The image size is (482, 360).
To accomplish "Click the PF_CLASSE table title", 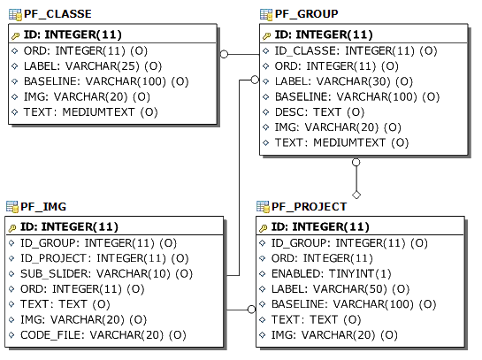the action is (x=57, y=14).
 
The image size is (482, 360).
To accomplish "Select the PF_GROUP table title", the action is (x=307, y=14).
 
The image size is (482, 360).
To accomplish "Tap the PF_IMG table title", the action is (x=43, y=207).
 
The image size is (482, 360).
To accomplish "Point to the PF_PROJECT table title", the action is (x=310, y=207).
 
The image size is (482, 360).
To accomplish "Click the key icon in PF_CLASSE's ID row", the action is (x=16, y=36).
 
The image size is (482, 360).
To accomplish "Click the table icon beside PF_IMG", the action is (x=12, y=207).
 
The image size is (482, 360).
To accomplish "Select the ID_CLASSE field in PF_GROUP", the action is (x=356, y=50).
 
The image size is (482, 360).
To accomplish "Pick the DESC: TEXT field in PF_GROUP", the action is (x=319, y=112).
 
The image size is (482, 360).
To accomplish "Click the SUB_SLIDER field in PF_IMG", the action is (x=106, y=273).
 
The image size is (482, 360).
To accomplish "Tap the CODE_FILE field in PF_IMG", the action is (x=103, y=334).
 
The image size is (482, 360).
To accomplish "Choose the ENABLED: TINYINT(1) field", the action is (x=331, y=273).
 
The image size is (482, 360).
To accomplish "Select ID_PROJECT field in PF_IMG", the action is (x=104, y=258).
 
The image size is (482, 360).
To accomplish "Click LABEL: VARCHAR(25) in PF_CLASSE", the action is (x=93, y=66).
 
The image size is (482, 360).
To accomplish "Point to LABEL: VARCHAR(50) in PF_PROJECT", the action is (x=340, y=289).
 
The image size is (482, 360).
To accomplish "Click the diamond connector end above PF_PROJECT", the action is (x=356, y=195).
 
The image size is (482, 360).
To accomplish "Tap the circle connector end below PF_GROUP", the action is (x=356, y=162).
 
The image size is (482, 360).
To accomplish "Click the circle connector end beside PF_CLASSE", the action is (x=224, y=54).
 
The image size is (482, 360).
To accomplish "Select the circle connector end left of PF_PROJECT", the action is (x=251, y=310).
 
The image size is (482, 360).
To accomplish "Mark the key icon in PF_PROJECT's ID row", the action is (x=264, y=228).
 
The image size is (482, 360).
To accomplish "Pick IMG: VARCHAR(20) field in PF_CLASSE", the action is (x=87, y=96).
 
